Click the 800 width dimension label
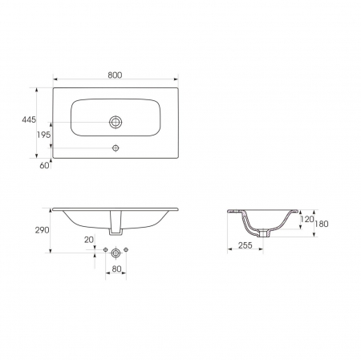[x=115, y=75]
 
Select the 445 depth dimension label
[x=29, y=119]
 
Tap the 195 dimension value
[x=43, y=135]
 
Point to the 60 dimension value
[x=44, y=165]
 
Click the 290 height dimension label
[x=43, y=230]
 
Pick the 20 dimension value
[x=89, y=240]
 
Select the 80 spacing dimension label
[x=116, y=269]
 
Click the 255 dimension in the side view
[x=245, y=245]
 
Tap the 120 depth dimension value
[x=307, y=219]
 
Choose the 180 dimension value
[x=322, y=224]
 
